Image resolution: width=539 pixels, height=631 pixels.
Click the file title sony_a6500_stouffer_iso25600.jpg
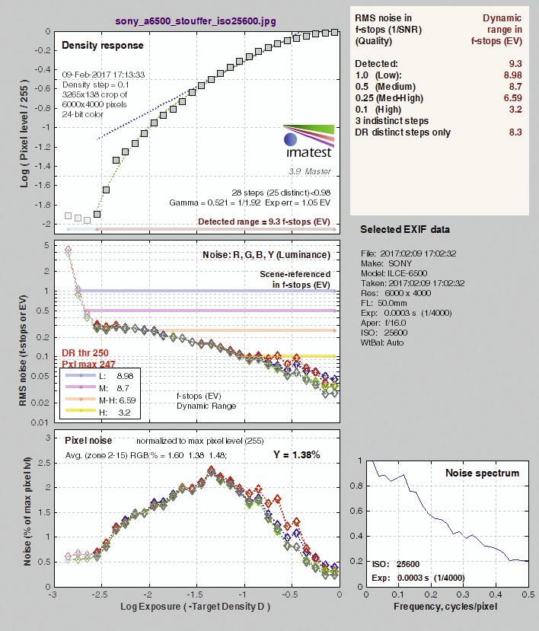[196, 21]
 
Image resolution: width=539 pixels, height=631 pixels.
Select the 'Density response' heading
[103, 46]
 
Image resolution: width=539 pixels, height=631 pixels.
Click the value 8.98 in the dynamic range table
[512, 75]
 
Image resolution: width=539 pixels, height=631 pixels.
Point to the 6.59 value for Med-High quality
[512, 98]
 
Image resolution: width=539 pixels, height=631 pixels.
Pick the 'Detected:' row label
[376, 64]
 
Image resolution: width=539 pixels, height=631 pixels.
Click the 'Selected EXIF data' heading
[405, 229]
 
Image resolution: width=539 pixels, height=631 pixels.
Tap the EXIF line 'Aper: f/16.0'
[383, 323]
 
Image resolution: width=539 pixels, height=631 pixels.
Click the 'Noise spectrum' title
[482, 473]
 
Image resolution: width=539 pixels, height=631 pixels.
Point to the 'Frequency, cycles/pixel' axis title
[445, 607]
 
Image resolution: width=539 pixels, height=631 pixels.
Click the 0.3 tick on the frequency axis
[464, 594]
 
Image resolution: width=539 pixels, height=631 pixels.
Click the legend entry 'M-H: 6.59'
[117, 400]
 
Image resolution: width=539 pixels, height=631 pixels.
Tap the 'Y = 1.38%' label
[297, 454]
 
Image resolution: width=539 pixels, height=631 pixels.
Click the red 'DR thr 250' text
[85, 353]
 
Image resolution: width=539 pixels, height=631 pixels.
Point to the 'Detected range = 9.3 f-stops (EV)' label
[264, 221]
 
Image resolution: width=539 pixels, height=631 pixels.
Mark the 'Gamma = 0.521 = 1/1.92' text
[215, 202]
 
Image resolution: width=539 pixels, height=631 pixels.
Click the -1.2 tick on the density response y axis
[43, 147]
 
